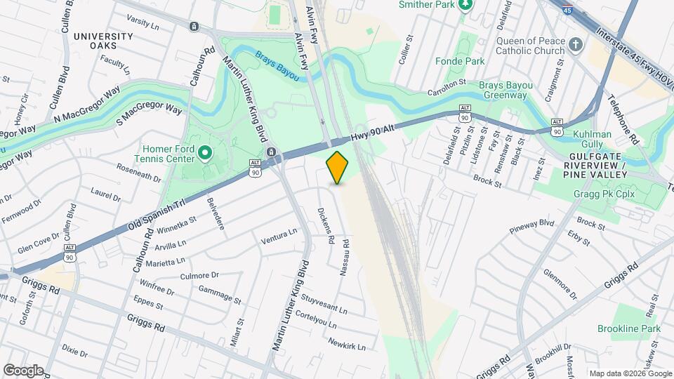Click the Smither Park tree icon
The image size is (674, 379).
[x=464, y=6]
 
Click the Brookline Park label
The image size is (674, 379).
[x=629, y=328]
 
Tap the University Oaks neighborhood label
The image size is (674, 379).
[x=103, y=41]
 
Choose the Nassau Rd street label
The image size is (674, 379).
[x=345, y=257]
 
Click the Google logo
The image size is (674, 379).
[x=23, y=370]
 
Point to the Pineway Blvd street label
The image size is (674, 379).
[x=532, y=225]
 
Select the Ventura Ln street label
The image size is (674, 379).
[x=279, y=235]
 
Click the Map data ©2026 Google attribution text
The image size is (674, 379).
[x=630, y=373]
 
